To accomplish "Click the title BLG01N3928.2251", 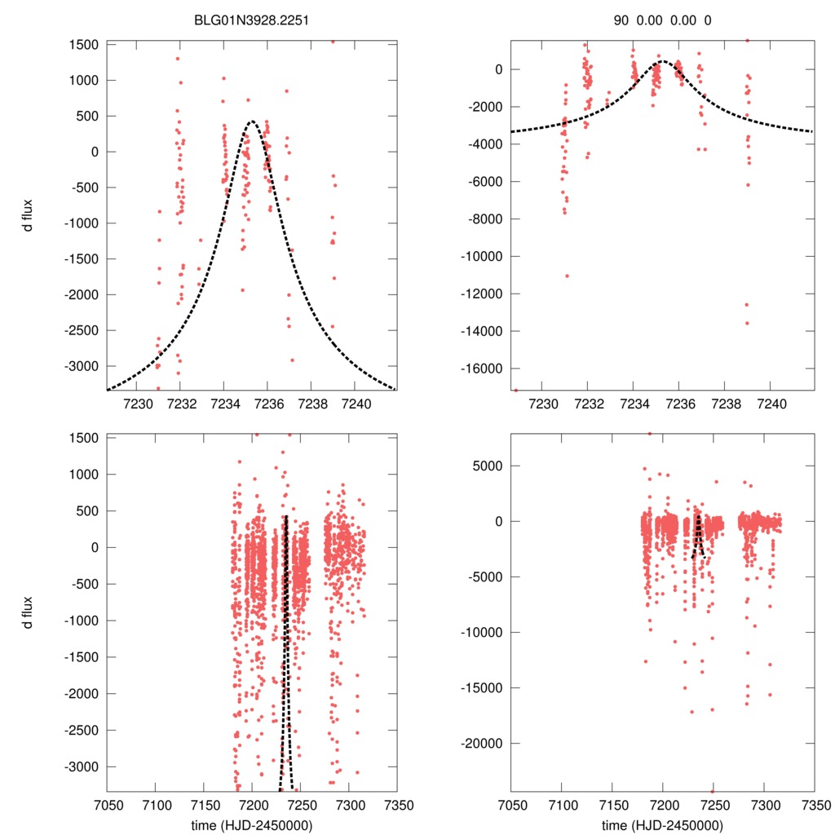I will pos(252,20).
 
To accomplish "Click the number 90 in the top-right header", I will pos(621,20).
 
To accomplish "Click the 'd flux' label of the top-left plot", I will pos(29,216).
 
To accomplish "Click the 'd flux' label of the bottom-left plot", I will pos(29,612).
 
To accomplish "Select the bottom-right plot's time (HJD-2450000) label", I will pos(663,825).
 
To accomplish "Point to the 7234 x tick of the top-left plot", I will pos(224,404).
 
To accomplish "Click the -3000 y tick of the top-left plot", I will pos(82,365).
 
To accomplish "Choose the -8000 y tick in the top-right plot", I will pos(488,219).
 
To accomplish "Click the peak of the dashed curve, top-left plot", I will pos(252,121).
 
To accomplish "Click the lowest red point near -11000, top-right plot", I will pos(567,276).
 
